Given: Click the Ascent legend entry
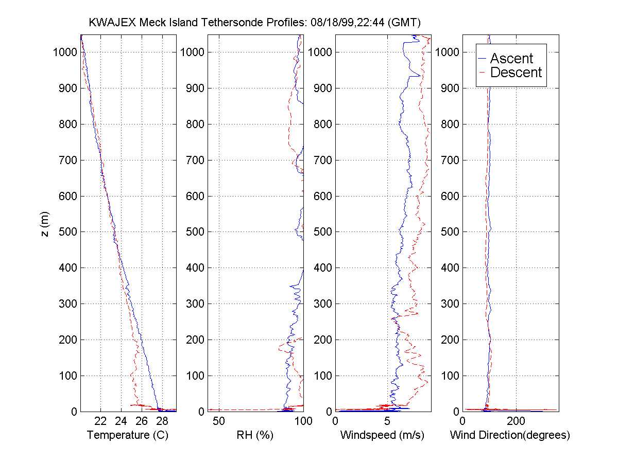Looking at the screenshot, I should pos(511,59).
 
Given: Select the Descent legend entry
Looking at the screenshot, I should pos(516,73).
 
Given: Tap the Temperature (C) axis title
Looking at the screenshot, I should pos(128,435).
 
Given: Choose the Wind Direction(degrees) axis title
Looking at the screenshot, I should pos(510,435).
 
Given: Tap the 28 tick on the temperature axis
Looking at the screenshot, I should pos(162,421).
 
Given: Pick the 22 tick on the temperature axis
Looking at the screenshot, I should pos(100,421).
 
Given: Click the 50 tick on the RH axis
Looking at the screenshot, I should pos(219,421).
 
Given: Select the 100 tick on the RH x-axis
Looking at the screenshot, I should pos(303,421).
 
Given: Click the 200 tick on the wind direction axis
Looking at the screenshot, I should pos(516,421).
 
